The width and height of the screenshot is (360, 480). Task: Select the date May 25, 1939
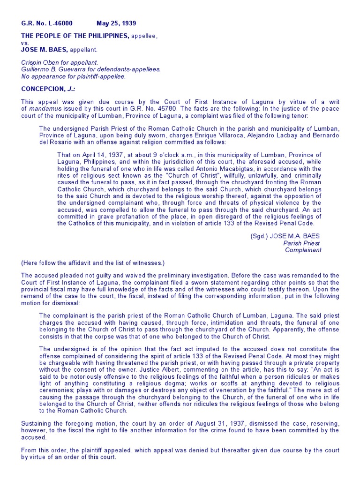116,23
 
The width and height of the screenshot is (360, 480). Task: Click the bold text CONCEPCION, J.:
48,89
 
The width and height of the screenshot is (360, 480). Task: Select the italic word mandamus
42,109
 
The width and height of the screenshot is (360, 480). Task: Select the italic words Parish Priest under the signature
301,243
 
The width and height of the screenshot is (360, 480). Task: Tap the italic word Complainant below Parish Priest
303,250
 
